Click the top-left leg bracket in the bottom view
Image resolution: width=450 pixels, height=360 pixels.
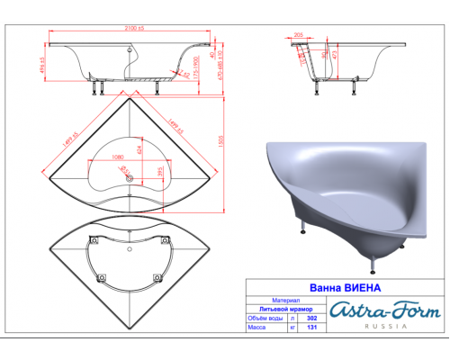tap(94, 240)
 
